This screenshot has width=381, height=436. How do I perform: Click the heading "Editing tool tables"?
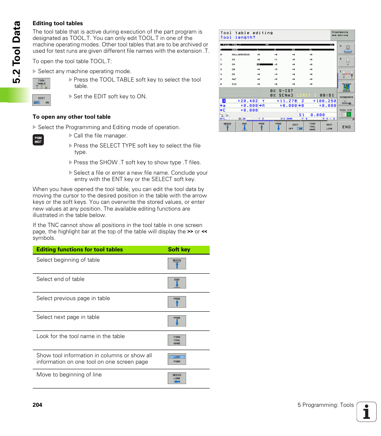pyautogui.click(x=58, y=23)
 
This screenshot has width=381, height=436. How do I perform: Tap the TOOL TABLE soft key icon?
pyautogui.click(x=42, y=84)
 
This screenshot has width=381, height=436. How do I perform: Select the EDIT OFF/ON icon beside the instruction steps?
pyautogui.click(x=42, y=100)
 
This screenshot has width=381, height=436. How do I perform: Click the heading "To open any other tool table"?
pyautogui.click(x=71, y=117)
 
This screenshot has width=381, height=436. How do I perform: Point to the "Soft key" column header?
pyautogui.click(x=179, y=249)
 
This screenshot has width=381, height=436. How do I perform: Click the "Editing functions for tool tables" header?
pyautogui.click(x=79, y=249)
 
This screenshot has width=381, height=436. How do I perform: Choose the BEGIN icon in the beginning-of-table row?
pyautogui.click(x=177, y=264)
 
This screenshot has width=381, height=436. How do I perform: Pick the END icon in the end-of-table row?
pyautogui.click(x=177, y=283)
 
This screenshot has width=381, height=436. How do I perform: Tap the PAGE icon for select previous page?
pyautogui.click(x=177, y=302)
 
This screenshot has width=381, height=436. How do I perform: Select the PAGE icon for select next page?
pyautogui.click(x=177, y=321)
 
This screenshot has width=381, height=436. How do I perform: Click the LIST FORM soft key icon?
pyautogui.click(x=177, y=359)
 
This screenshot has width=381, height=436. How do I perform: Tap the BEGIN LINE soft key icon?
pyautogui.click(x=177, y=378)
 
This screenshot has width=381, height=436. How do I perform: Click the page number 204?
pyautogui.click(x=38, y=405)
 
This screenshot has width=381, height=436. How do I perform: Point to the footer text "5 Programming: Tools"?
pyautogui.click(x=325, y=405)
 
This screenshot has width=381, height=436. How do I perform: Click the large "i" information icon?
pyautogui.click(x=367, y=412)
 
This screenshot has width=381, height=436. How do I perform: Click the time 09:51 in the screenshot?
pyautogui.click(x=327, y=95)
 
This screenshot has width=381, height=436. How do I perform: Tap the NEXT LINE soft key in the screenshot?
pyautogui.click(x=329, y=127)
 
